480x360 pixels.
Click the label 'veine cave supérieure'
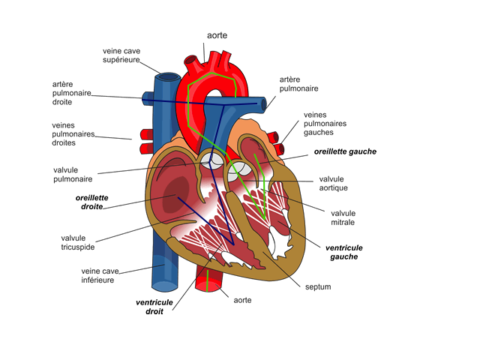[x=121, y=55]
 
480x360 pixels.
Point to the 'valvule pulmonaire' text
[x=72, y=175]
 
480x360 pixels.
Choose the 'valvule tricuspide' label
[x=76, y=243]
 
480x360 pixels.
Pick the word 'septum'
[x=318, y=286]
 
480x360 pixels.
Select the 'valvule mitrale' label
[x=343, y=217]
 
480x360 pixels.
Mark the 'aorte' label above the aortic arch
[x=217, y=35]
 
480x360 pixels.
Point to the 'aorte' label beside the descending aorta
[x=242, y=300]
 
